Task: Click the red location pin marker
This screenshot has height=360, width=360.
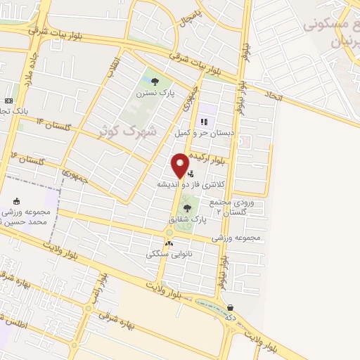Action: point(180,165)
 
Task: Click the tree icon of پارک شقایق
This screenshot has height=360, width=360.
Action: point(186,209)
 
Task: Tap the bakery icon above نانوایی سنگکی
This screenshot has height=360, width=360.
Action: point(169,243)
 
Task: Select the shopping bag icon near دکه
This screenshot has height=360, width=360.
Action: point(231,307)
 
